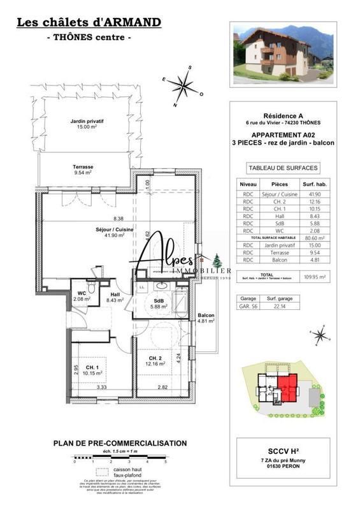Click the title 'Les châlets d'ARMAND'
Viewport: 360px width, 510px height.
point(89,23)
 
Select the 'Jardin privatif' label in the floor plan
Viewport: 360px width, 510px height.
point(87,123)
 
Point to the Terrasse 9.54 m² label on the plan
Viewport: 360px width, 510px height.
point(83,169)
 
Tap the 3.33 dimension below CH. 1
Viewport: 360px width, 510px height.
point(101,387)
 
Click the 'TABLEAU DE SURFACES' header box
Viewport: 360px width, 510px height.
point(282,168)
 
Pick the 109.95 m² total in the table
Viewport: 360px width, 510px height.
point(317,277)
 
